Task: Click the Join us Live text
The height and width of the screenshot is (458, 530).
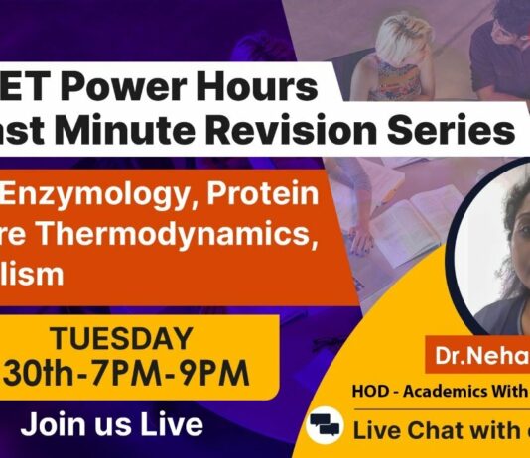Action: coord(112,424)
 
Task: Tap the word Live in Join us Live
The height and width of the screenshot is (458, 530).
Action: coord(178,424)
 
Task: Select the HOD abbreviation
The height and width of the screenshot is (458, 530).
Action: coord(349,392)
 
